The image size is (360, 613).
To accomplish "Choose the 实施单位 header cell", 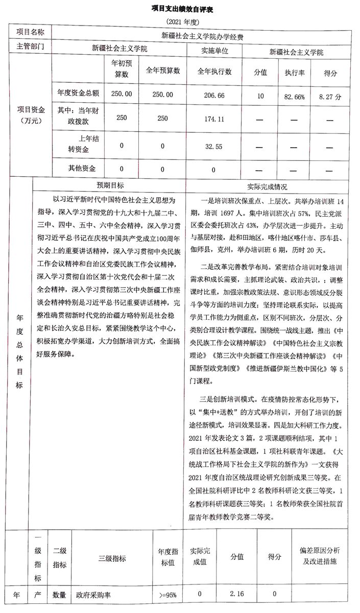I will click(214, 51).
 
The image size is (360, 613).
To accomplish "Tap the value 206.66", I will click(214, 96).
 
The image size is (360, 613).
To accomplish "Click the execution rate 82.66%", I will click(295, 96).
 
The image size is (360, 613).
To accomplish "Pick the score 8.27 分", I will click(330, 96).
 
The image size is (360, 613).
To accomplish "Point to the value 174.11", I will click(214, 119).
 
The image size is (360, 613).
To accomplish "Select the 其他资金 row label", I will click(75, 168).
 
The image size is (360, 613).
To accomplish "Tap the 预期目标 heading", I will click(110, 185).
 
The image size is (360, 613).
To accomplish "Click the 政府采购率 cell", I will click(93, 595).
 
